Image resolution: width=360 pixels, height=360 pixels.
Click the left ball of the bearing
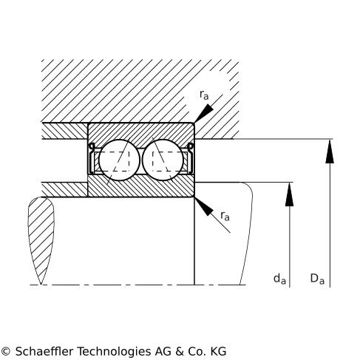[x=119, y=160]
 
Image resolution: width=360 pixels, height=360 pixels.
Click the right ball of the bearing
[x=163, y=160]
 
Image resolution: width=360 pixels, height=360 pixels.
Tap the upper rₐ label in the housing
[x=204, y=95]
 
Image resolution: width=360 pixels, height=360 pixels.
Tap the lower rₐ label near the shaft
[x=225, y=216]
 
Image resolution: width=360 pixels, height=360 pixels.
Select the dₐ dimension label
[x=279, y=279]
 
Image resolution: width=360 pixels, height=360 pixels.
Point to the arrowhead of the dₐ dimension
[x=289, y=194]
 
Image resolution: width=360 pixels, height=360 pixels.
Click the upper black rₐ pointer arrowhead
[x=204, y=113]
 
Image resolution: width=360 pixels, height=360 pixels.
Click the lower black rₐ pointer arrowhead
[x=204, y=206]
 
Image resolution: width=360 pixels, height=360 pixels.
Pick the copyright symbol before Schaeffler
[x=5, y=351]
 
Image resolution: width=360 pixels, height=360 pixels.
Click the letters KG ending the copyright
[x=218, y=351]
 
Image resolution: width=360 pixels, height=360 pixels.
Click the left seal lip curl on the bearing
[x=92, y=146]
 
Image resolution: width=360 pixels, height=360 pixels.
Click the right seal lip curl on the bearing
[x=191, y=146]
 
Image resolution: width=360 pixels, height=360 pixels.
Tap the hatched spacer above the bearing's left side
[x=64, y=131]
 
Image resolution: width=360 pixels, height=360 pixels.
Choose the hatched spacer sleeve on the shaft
[x=64, y=190]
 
